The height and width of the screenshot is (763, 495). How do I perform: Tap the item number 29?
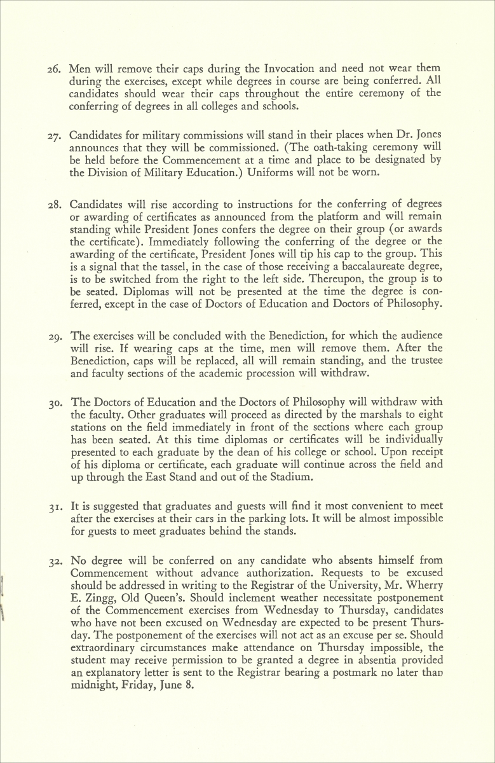[53, 336]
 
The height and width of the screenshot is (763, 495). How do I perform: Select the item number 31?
[53, 506]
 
